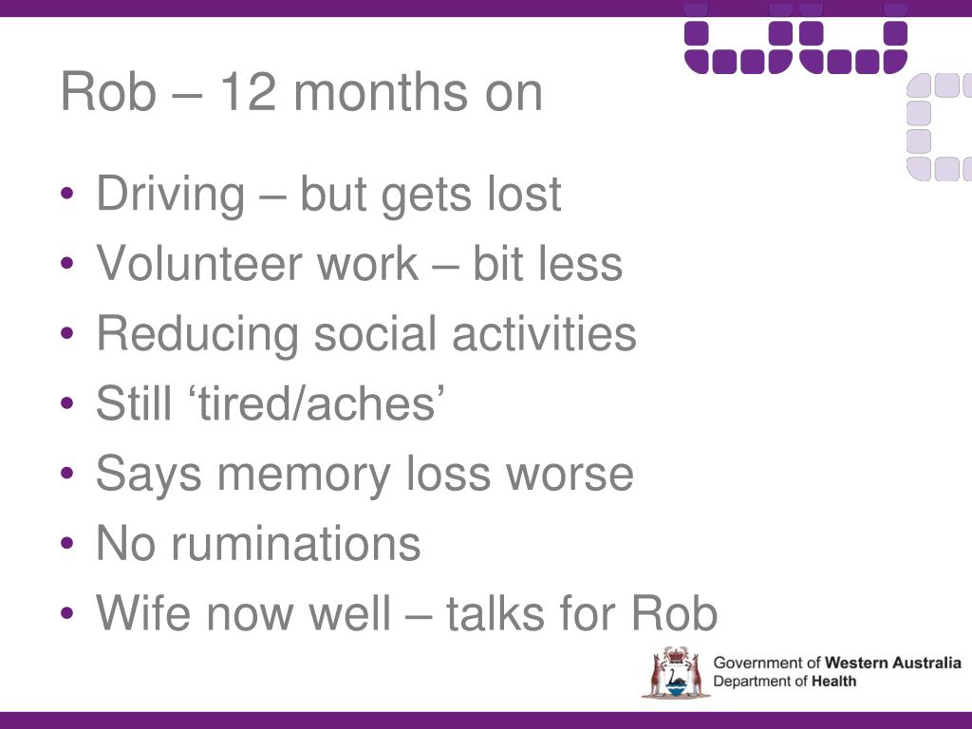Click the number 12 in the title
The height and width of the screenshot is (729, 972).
pos(249,92)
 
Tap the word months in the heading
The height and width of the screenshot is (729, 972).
pos(381,92)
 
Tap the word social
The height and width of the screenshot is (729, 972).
pos(375,333)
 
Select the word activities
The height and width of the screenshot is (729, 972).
pos(544,333)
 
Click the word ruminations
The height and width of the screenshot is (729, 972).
pos(296,544)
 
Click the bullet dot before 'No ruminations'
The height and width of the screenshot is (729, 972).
pos(67,544)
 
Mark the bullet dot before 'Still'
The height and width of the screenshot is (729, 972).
pos(67,403)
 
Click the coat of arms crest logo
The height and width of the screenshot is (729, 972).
pos(675,673)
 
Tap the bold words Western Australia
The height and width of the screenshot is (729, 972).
pos(892,663)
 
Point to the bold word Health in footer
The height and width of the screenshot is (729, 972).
pos(833,682)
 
